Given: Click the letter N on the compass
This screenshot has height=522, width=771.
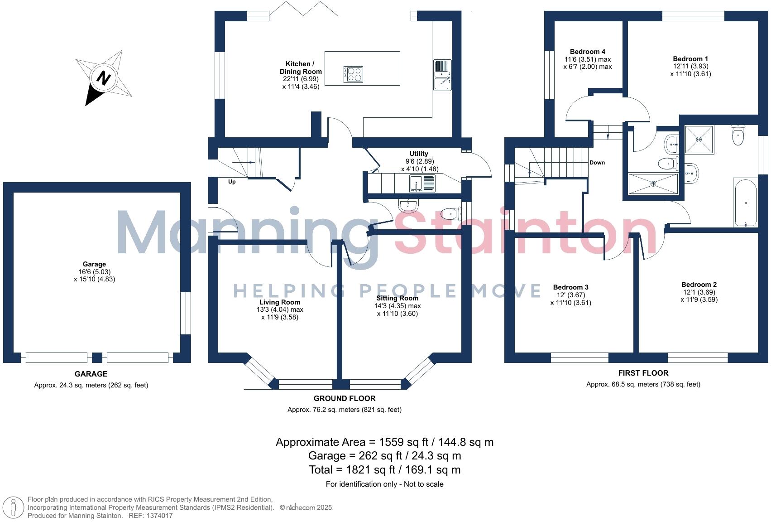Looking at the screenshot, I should click(x=104, y=78).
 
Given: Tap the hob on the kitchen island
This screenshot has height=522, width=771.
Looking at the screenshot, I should click(x=353, y=74).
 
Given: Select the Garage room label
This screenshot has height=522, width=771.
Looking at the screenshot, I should click(x=94, y=264).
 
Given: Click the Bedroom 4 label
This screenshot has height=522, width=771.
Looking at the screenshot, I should click(x=587, y=52).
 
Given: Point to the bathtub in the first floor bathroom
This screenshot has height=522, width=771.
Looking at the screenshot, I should click(x=745, y=203).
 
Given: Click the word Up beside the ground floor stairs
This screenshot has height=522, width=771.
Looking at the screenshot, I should click(x=232, y=182).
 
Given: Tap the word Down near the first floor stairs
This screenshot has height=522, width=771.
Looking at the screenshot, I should click(x=597, y=163).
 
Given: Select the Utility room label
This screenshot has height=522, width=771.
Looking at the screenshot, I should click(x=418, y=154).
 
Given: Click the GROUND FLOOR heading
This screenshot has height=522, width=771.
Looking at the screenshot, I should click(x=345, y=398).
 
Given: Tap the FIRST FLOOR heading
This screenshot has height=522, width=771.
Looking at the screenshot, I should click(x=643, y=373).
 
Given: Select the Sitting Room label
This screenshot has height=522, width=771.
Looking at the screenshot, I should click(x=397, y=298).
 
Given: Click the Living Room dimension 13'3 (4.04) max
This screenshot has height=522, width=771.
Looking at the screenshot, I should click(x=279, y=309).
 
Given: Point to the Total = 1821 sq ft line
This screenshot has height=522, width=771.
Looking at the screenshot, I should click(x=384, y=469).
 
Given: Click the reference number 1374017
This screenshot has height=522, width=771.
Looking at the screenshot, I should click(x=158, y=516).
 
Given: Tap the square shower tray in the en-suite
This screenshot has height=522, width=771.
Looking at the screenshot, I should click(x=699, y=140).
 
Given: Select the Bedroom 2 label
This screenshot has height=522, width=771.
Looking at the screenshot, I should click(x=699, y=285).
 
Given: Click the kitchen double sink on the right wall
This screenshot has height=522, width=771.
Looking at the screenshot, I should click(x=441, y=75).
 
